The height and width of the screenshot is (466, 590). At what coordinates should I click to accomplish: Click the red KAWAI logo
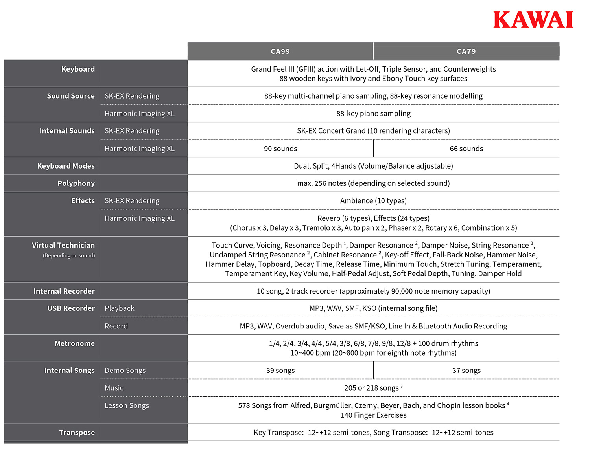(533, 20)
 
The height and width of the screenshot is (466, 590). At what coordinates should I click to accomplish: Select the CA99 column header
(280, 51)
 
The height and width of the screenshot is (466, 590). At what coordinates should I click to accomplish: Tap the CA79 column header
(466, 51)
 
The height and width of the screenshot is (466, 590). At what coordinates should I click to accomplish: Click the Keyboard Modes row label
(66, 166)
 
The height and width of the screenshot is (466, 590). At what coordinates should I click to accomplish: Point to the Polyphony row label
(76, 183)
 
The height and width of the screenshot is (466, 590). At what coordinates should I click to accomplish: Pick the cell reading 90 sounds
(280, 149)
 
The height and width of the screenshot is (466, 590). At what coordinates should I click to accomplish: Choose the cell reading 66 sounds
(466, 149)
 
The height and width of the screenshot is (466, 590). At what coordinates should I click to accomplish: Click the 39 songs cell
(280, 370)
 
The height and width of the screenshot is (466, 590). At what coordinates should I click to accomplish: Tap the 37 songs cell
(466, 370)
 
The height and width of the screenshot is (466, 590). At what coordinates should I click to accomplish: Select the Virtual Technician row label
(63, 245)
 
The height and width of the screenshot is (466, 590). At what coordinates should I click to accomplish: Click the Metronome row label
(74, 343)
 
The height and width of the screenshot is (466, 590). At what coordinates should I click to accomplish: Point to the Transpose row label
(77, 432)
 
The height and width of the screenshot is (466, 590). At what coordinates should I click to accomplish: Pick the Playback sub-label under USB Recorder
(120, 308)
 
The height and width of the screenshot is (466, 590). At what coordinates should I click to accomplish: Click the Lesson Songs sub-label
(127, 405)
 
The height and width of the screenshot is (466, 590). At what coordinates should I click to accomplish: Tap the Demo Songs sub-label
(125, 370)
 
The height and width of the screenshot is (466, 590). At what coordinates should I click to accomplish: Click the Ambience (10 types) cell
(373, 201)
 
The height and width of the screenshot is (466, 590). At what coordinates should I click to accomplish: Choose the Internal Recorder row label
(64, 291)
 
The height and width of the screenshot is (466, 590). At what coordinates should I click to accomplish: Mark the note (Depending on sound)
(69, 255)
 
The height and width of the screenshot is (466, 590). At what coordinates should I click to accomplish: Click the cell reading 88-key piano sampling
(373, 114)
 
